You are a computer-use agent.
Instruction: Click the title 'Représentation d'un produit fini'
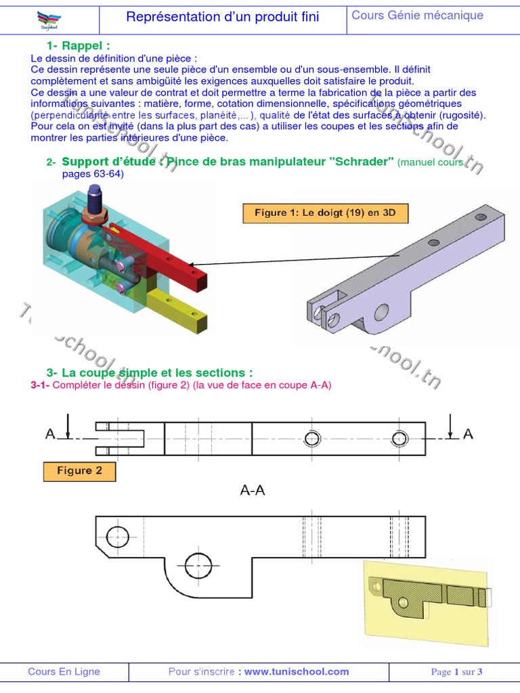pyautogui.click(x=223, y=17)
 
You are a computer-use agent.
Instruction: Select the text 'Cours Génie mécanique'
pyautogui.click(x=417, y=15)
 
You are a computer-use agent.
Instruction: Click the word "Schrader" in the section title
pyautogui.click(x=359, y=162)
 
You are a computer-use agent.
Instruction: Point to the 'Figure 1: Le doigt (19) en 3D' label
pyautogui.click(x=326, y=213)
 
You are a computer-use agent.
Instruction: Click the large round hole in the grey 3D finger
pyautogui.click(x=382, y=312)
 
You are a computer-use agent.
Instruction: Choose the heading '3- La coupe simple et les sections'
pyautogui.click(x=150, y=373)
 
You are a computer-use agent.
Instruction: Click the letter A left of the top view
pyautogui.click(x=50, y=434)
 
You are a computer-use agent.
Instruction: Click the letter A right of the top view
pyautogui.click(x=468, y=434)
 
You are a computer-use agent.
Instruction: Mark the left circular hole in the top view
pyautogui.click(x=312, y=439)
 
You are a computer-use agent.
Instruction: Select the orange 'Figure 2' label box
pyautogui.click(x=79, y=471)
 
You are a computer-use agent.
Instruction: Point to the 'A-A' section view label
pyautogui.click(x=253, y=491)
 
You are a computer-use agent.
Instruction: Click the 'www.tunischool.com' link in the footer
pyautogui.click(x=297, y=671)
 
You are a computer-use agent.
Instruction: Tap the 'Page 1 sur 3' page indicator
pyautogui.click(x=456, y=672)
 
